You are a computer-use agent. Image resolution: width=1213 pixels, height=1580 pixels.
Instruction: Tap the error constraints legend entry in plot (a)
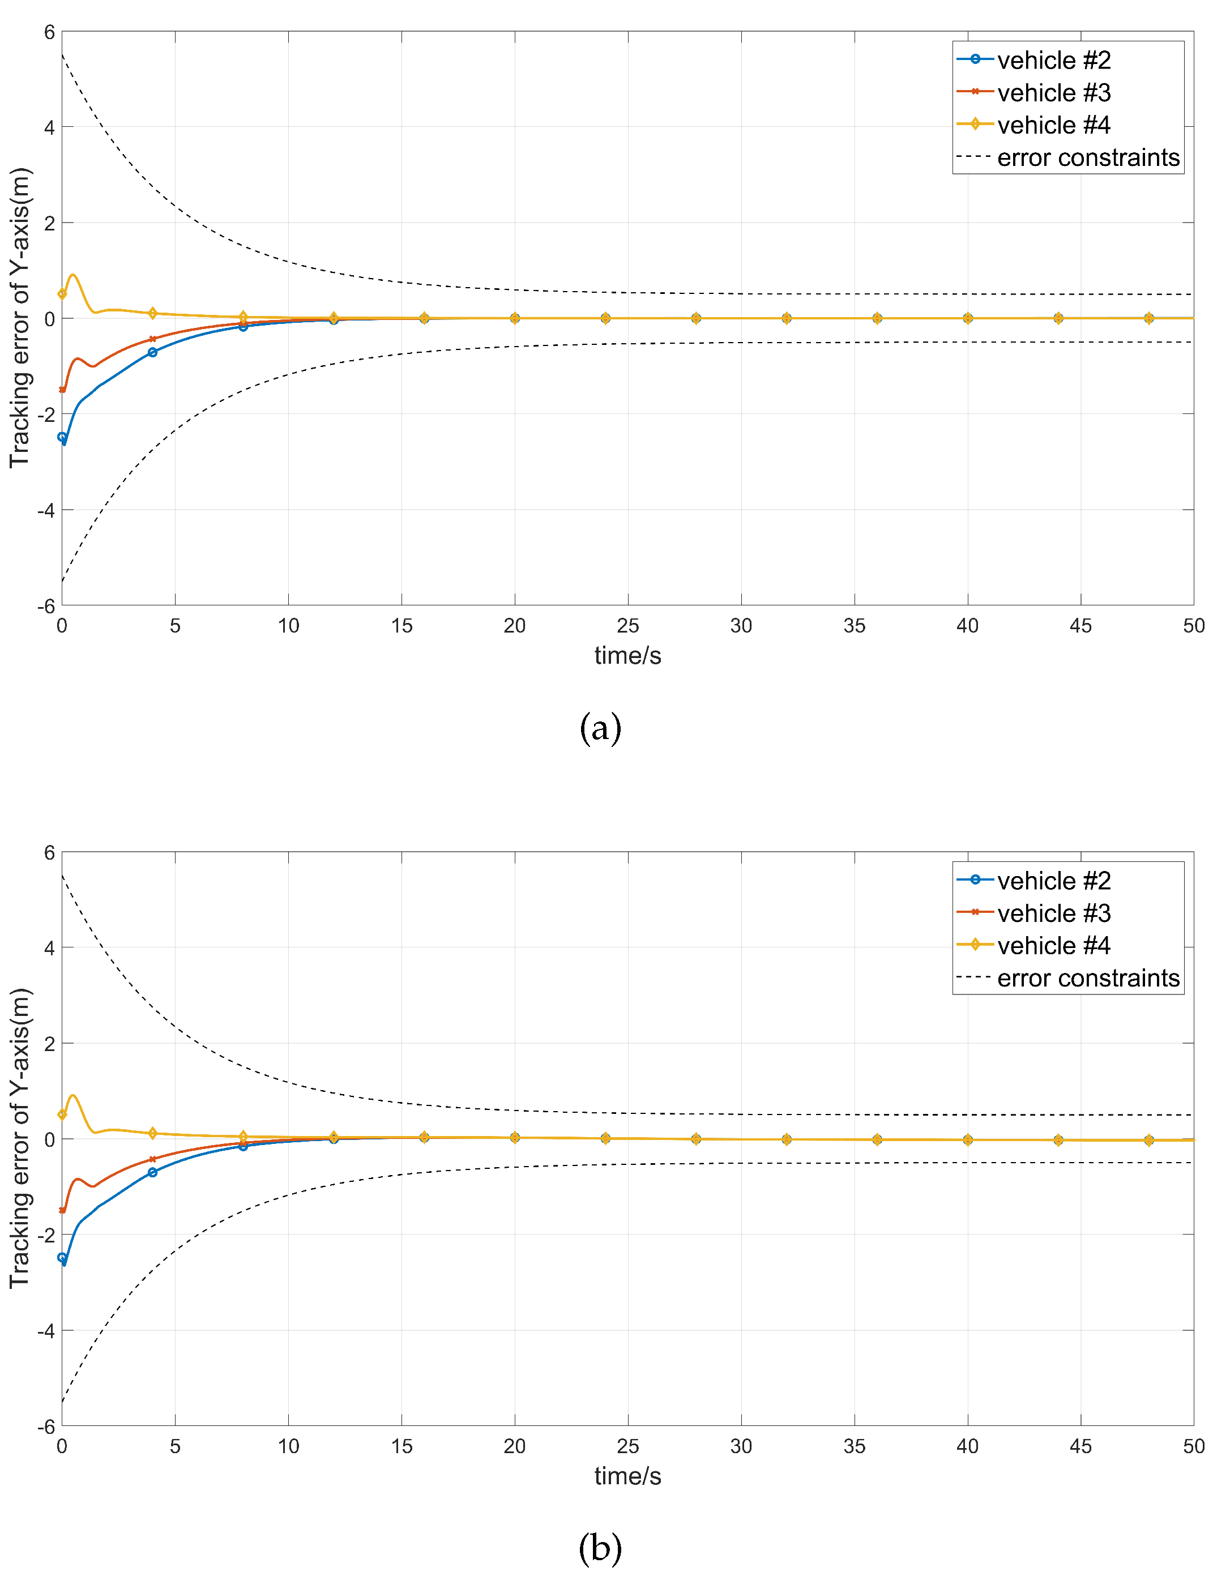coord(1087,157)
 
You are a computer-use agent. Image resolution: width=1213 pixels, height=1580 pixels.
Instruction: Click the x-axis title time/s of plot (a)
coord(627,656)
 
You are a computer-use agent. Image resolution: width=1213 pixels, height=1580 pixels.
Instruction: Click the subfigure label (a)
coord(600,727)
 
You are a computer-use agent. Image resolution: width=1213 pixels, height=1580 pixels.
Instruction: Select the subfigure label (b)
coord(600,1548)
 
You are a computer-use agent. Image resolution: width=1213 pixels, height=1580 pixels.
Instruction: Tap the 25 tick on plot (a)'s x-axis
coord(627,625)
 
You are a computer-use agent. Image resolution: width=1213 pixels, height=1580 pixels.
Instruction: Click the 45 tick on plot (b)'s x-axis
coord(1080,1446)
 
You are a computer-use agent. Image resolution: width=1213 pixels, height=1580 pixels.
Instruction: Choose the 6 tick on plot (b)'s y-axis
coord(49,853)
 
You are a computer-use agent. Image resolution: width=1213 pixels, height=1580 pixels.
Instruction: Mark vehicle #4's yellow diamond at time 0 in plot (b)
coord(62,1115)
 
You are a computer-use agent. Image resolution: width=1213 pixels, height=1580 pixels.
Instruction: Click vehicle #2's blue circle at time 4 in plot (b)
coord(152,1173)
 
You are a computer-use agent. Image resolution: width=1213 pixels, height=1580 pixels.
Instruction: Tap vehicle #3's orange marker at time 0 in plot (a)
coord(62,390)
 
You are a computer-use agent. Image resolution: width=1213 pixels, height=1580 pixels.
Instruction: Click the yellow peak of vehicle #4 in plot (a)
coord(72,275)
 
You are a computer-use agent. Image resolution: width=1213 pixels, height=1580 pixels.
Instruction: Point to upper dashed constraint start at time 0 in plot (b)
coord(62,875)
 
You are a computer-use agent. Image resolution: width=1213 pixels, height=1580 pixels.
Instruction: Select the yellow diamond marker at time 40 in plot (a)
coord(967,318)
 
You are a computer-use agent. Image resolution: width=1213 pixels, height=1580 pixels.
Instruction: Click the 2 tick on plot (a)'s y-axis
coord(49,223)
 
